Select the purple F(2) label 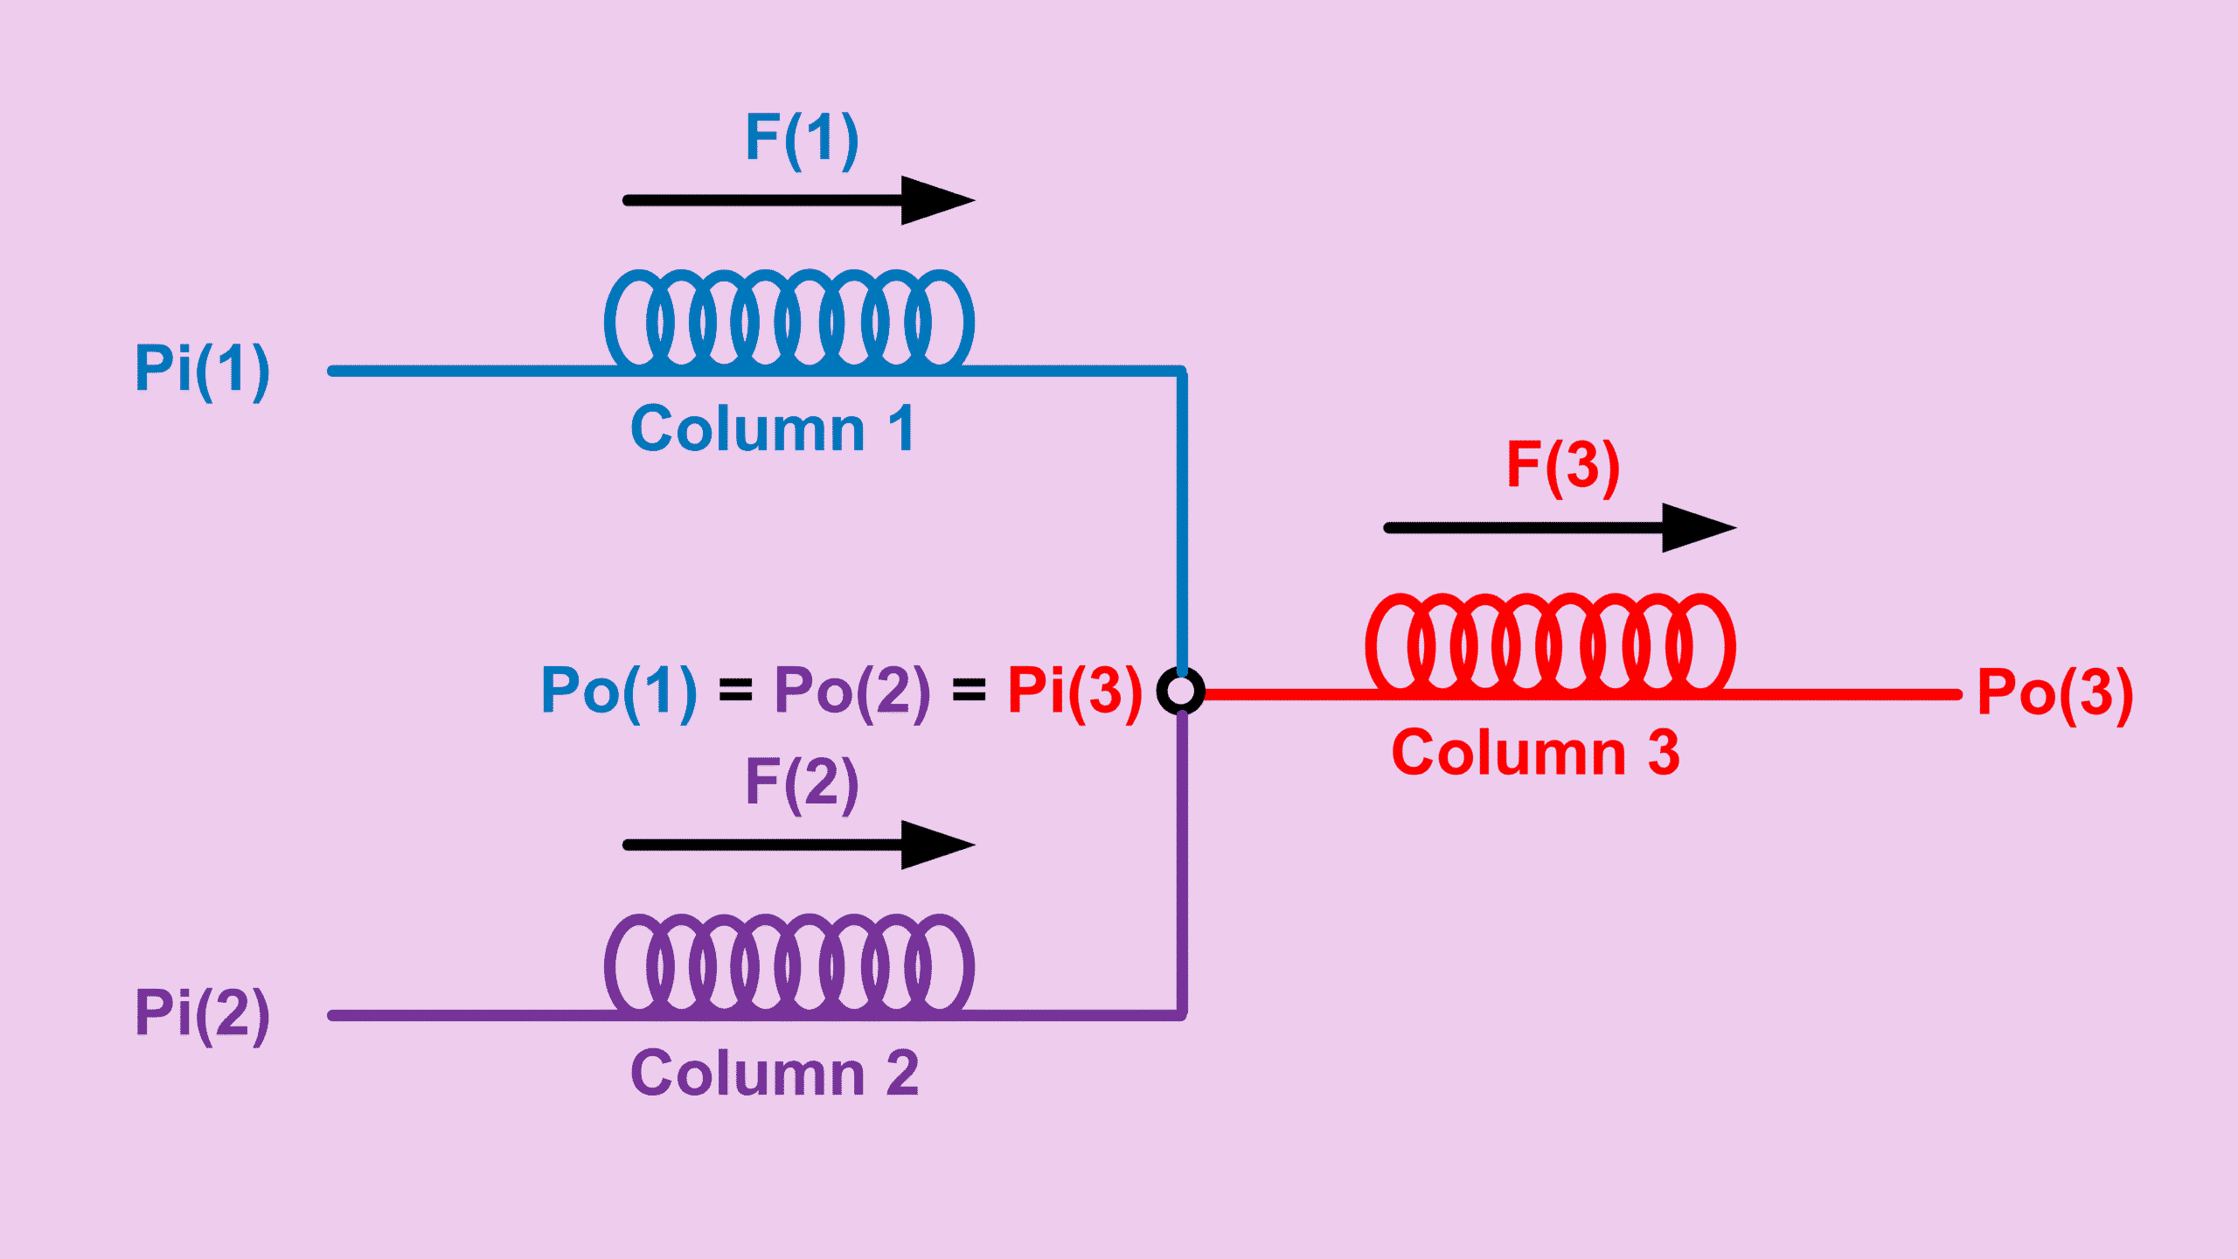click(x=802, y=783)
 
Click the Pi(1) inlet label click(x=202, y=369)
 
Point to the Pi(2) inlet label click(x=202, y=1013)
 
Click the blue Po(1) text click(x=619, y=692)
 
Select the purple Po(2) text click(x=852, y=692)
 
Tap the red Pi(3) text click(x=1074, y=692)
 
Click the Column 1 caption click(x=773, y=429)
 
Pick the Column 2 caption click(x=775, y=1074)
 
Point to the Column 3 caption click(x=1536, y=753)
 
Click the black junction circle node click(x=1181, y=692)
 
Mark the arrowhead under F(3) click(x=1696, y=527)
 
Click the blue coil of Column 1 click(x=789, y=319)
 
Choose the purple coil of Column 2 click(x=789, y=963)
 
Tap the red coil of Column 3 click(x=1550, y=644)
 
